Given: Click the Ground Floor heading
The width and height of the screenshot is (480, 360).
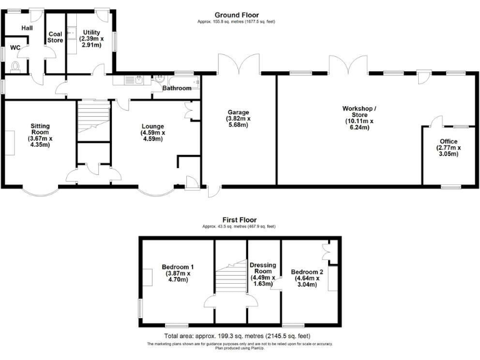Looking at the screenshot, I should point(236,15).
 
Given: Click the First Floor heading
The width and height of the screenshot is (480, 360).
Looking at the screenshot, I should point(239,220).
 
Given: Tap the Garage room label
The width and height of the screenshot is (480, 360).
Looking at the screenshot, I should point(238,118).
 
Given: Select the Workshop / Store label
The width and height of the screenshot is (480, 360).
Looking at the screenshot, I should point(356,117).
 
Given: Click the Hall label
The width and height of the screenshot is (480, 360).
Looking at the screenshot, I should point(27,28).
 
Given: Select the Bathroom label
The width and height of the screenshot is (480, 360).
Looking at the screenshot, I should point(177,88).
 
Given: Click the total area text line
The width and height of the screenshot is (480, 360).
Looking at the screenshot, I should point(239,336).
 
